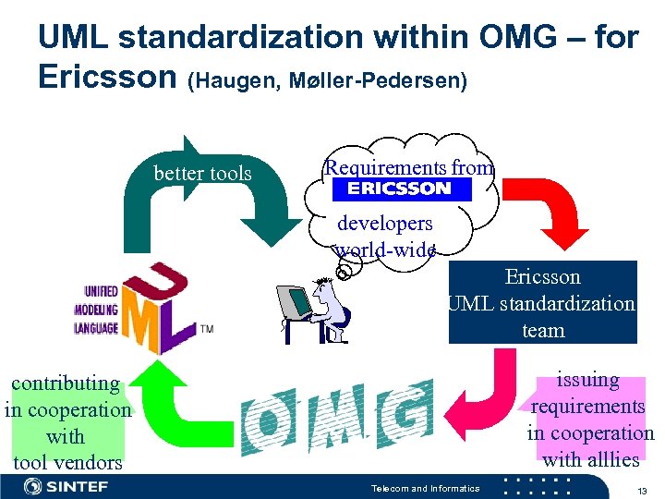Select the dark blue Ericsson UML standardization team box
543,302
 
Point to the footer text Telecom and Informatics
425,488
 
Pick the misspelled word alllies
615,459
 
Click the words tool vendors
67,462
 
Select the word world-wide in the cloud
385,249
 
